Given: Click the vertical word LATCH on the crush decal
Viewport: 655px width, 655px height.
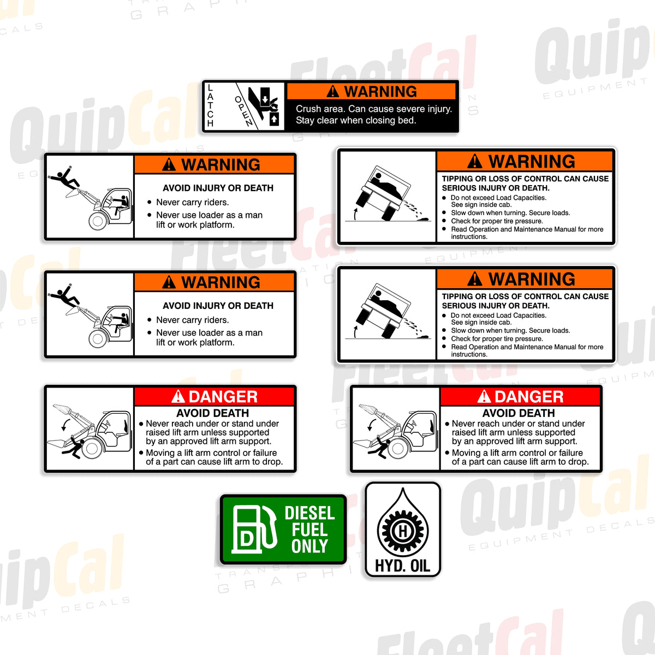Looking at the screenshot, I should pyautogui.click(x=211, y=106).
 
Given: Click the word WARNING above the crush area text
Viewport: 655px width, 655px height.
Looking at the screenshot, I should pyautogui.click(x=380, y=91).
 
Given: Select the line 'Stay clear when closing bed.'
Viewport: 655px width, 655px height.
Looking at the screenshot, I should pyautogui.click(x=356, y=121).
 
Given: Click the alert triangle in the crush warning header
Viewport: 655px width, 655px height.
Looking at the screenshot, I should pyautogui.click(x=332, y=92).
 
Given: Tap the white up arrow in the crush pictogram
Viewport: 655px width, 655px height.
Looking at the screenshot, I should pyautogui.click(x=274, y=119).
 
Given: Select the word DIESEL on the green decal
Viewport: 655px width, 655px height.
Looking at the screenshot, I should pyautogui.click(x=309, y=513).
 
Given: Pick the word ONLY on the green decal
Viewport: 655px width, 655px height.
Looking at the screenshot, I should pyautogui.click(x=309, y=546).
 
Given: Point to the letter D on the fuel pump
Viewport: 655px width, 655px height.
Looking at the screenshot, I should pyautogui.click(x=246, y=539).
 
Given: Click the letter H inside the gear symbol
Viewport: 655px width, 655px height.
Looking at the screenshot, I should pyautogui.click(x=403, y=531).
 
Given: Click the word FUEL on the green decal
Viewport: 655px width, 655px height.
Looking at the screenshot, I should pyautogui.click(x=309, y=530).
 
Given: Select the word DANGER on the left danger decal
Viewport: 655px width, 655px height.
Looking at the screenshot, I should pyautogui.click(x=223, y=397).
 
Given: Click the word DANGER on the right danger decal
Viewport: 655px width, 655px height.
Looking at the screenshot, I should pyautogui.click(x=528, y=397).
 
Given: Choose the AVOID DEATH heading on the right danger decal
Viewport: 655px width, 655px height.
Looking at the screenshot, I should pyautogui.click(x=519, y=413).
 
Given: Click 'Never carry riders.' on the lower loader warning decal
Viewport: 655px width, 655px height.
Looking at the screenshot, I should pyautogui.click(x=192, y=320).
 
